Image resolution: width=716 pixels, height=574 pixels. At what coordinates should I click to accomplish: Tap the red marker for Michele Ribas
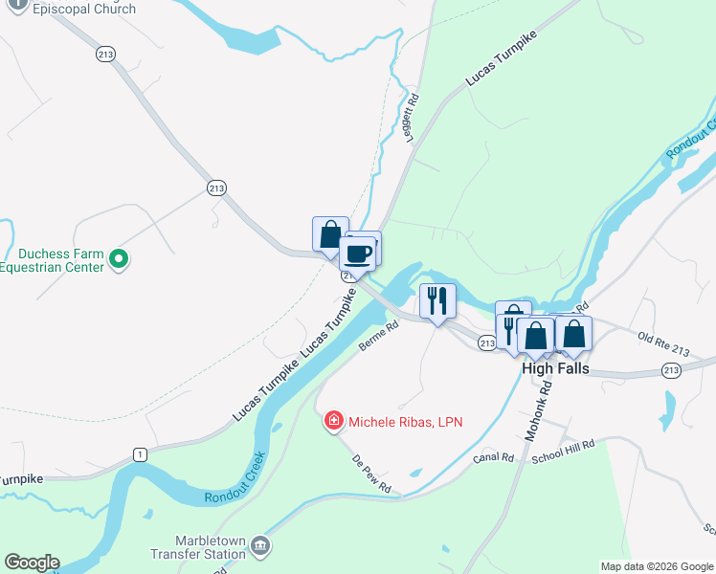[333, 420]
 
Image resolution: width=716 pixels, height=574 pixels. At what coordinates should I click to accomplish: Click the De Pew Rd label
[370, 474]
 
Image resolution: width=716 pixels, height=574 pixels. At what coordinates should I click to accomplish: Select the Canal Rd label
[494, 458]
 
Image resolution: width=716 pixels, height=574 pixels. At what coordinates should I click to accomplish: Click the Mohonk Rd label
[540, 411]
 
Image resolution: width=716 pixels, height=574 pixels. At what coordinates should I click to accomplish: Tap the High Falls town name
[555, 368]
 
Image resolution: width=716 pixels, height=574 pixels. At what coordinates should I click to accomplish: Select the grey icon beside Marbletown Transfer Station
[260, 547]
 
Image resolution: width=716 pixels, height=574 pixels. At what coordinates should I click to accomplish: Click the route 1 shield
[140, 453]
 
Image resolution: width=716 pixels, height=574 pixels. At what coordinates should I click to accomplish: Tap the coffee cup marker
[358, 254]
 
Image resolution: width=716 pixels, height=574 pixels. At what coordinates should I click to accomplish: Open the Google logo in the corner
[32, 563]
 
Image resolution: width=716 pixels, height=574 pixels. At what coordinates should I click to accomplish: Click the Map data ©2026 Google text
[656, 566]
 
